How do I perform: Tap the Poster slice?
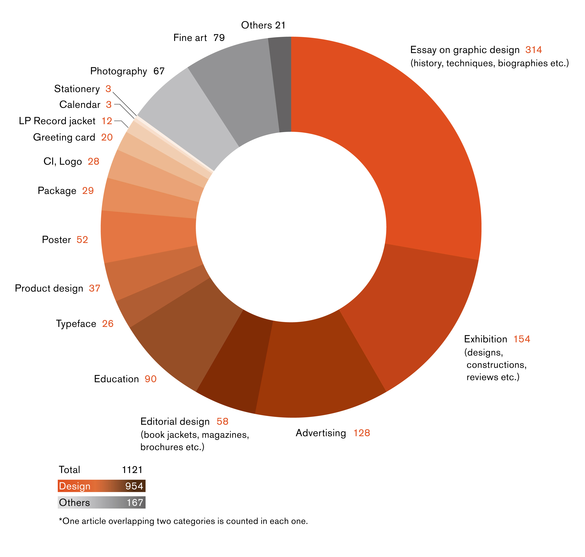point(148,238)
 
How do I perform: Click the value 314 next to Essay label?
point(533,50)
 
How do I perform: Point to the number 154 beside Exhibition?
point(522,339)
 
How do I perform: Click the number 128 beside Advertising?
point(361,433)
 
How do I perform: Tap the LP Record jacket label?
point(57,121)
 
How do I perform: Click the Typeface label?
point(76,324)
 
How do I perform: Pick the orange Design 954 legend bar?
point(102,486)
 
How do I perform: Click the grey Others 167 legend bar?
point(102,502)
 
